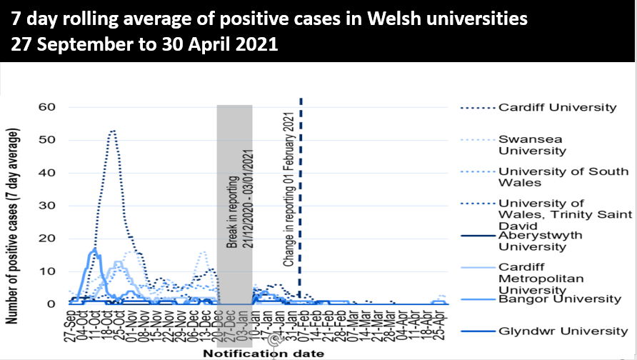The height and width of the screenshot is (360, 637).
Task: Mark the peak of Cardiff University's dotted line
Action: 112,131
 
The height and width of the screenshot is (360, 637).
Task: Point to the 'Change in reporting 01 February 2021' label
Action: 289,189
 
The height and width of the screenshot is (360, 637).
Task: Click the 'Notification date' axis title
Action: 263,353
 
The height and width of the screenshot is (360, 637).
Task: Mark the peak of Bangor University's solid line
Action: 94,249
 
